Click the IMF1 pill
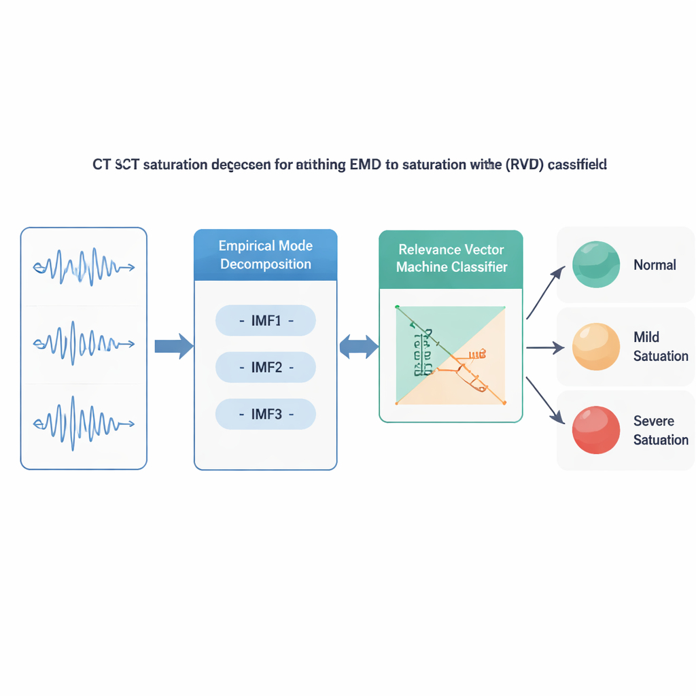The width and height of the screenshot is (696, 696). [266, 321]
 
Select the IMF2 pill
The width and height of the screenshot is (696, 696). [266, 368]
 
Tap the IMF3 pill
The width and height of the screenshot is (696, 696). [266, 414]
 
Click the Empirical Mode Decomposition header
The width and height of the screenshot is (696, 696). [266, 255]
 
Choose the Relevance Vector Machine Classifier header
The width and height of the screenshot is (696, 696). [451, 259]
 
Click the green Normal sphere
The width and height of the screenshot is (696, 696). [596, 264]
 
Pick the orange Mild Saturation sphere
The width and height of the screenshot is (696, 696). [596, 347]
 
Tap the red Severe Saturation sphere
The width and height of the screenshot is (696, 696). [596, 430]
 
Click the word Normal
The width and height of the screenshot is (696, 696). [655, 265]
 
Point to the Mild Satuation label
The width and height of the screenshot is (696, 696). [660, 347]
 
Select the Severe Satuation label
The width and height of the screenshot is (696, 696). [660, 430]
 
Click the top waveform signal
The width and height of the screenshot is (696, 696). [84, 266]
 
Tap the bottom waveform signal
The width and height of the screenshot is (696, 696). [84, 423]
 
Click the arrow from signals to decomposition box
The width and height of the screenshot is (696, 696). [174, 347]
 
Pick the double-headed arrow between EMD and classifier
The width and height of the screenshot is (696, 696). [359, 347]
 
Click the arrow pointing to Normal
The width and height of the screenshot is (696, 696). [546, 291]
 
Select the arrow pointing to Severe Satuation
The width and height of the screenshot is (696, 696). [546, 401]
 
